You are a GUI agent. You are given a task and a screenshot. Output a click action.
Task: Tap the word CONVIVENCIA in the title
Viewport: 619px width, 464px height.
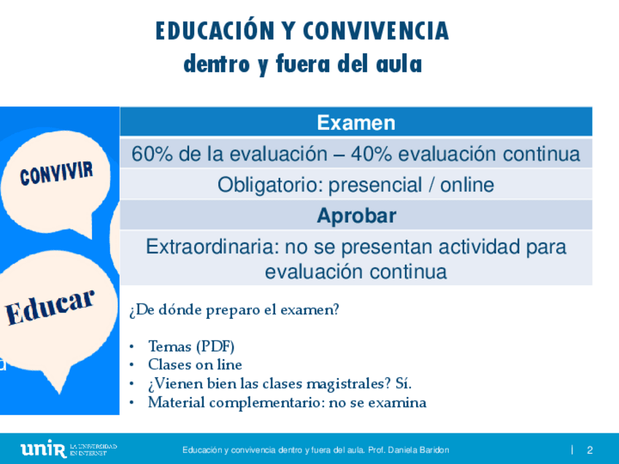pyautogui.click(x=376, y=31)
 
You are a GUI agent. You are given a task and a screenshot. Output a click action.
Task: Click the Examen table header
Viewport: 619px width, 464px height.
pyautogui.click(x=356, y=123)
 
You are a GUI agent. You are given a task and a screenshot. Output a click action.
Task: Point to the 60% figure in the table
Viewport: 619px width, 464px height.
pyautogui.click(x=152, y=154)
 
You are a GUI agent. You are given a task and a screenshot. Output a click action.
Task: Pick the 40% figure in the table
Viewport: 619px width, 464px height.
pyautogui.click(x=371, y=154)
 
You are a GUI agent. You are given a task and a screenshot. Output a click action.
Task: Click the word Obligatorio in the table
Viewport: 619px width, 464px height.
pyautogui.click(x=270, y=185)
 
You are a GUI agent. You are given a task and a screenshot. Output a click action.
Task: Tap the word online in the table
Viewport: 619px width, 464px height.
pyautogui.click(x=467, y=185)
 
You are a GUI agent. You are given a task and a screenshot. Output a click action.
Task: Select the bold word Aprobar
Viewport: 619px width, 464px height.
pyautogui.click(x=356, y=216)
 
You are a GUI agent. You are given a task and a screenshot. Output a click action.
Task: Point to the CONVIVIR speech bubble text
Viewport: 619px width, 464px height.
pyautogui.click(x=56, y=174)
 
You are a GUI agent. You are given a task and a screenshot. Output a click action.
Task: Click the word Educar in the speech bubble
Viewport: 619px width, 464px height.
pyautogui.click(x=50, y=307)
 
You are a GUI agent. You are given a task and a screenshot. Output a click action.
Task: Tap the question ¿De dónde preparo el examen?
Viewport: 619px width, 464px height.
pyautogui.click(x=234, y=310)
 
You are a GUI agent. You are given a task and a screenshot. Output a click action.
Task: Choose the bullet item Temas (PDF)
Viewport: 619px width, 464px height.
pyautogui.click(x=191, y=347)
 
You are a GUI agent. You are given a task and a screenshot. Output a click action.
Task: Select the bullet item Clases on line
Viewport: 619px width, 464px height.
pyautogui.click(x=195, y=365)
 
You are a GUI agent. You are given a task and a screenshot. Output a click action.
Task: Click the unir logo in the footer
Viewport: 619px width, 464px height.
pyautogui.click(x=43, y=449)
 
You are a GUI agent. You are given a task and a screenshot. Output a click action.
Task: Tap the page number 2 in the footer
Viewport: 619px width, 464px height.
pyautogui.click(x=590, y=450)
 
